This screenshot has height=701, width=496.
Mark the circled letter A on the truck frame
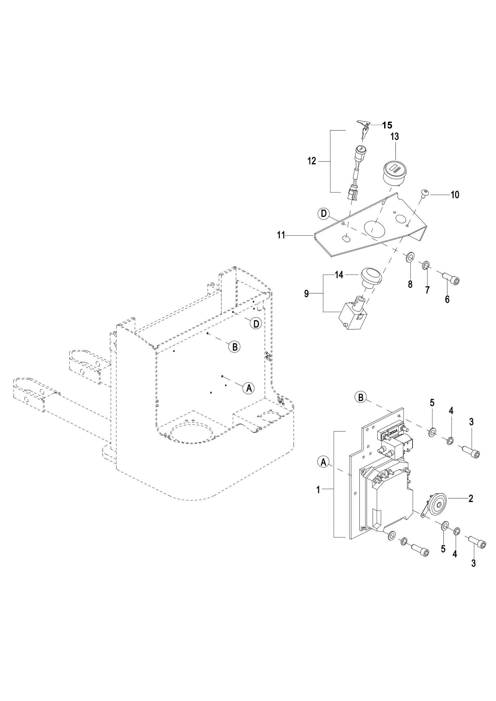pos(248,388)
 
